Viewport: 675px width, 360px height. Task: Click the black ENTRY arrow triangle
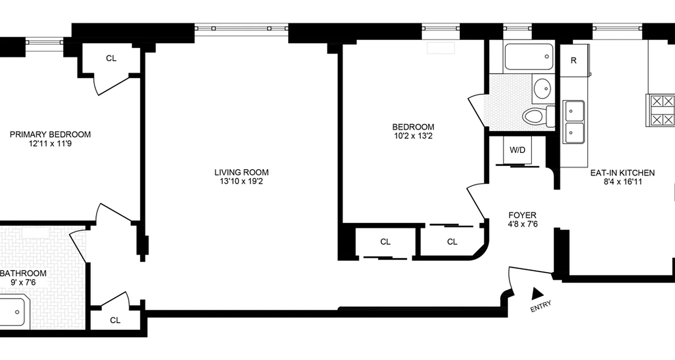[537, 293]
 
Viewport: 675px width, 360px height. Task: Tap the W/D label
[517, 150]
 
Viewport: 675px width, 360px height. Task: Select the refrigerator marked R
[573, 61]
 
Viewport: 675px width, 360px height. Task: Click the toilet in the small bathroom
[536, 117]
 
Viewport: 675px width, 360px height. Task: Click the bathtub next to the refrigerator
[528, 57]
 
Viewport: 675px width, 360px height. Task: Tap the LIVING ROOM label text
[241, 172]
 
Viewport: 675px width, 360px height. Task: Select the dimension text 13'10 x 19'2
[241, 181]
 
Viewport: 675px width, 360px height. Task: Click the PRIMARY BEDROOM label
[50, 134]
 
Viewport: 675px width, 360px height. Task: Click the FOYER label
[522, 215]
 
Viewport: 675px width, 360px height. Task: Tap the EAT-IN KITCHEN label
[622, 172]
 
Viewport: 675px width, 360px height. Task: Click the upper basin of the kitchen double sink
[575, 109]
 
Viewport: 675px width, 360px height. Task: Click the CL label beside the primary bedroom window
[111, 58]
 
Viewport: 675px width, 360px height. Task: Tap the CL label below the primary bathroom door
[115, 320]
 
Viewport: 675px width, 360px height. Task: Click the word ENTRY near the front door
[540, 306]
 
